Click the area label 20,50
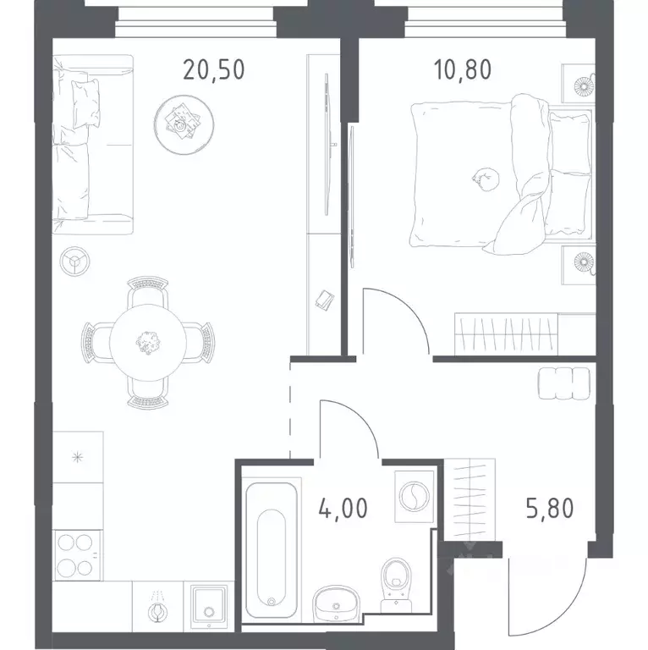click(214, 69)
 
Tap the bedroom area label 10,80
click(463, 69)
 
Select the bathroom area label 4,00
click(343, 508)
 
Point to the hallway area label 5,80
click(550, 508)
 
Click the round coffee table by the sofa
click(184, 124)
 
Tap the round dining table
click(148, 343)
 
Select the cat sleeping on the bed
click(486, 179)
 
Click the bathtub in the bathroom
click(272, 548)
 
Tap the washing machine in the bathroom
click(414, 496)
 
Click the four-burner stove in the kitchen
click(78, 555)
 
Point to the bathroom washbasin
click(336, 605)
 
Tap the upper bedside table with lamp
click(579, 84)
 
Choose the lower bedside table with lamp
click(579, 265)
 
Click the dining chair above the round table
click(147, 293)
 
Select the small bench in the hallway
click(564, 383)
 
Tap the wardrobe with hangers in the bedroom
click(506, 333)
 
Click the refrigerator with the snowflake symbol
click(78, 457)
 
